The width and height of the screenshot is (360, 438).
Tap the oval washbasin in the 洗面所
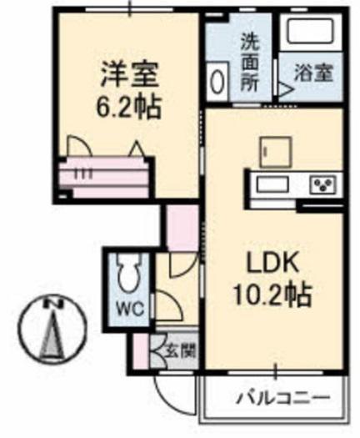217,82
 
